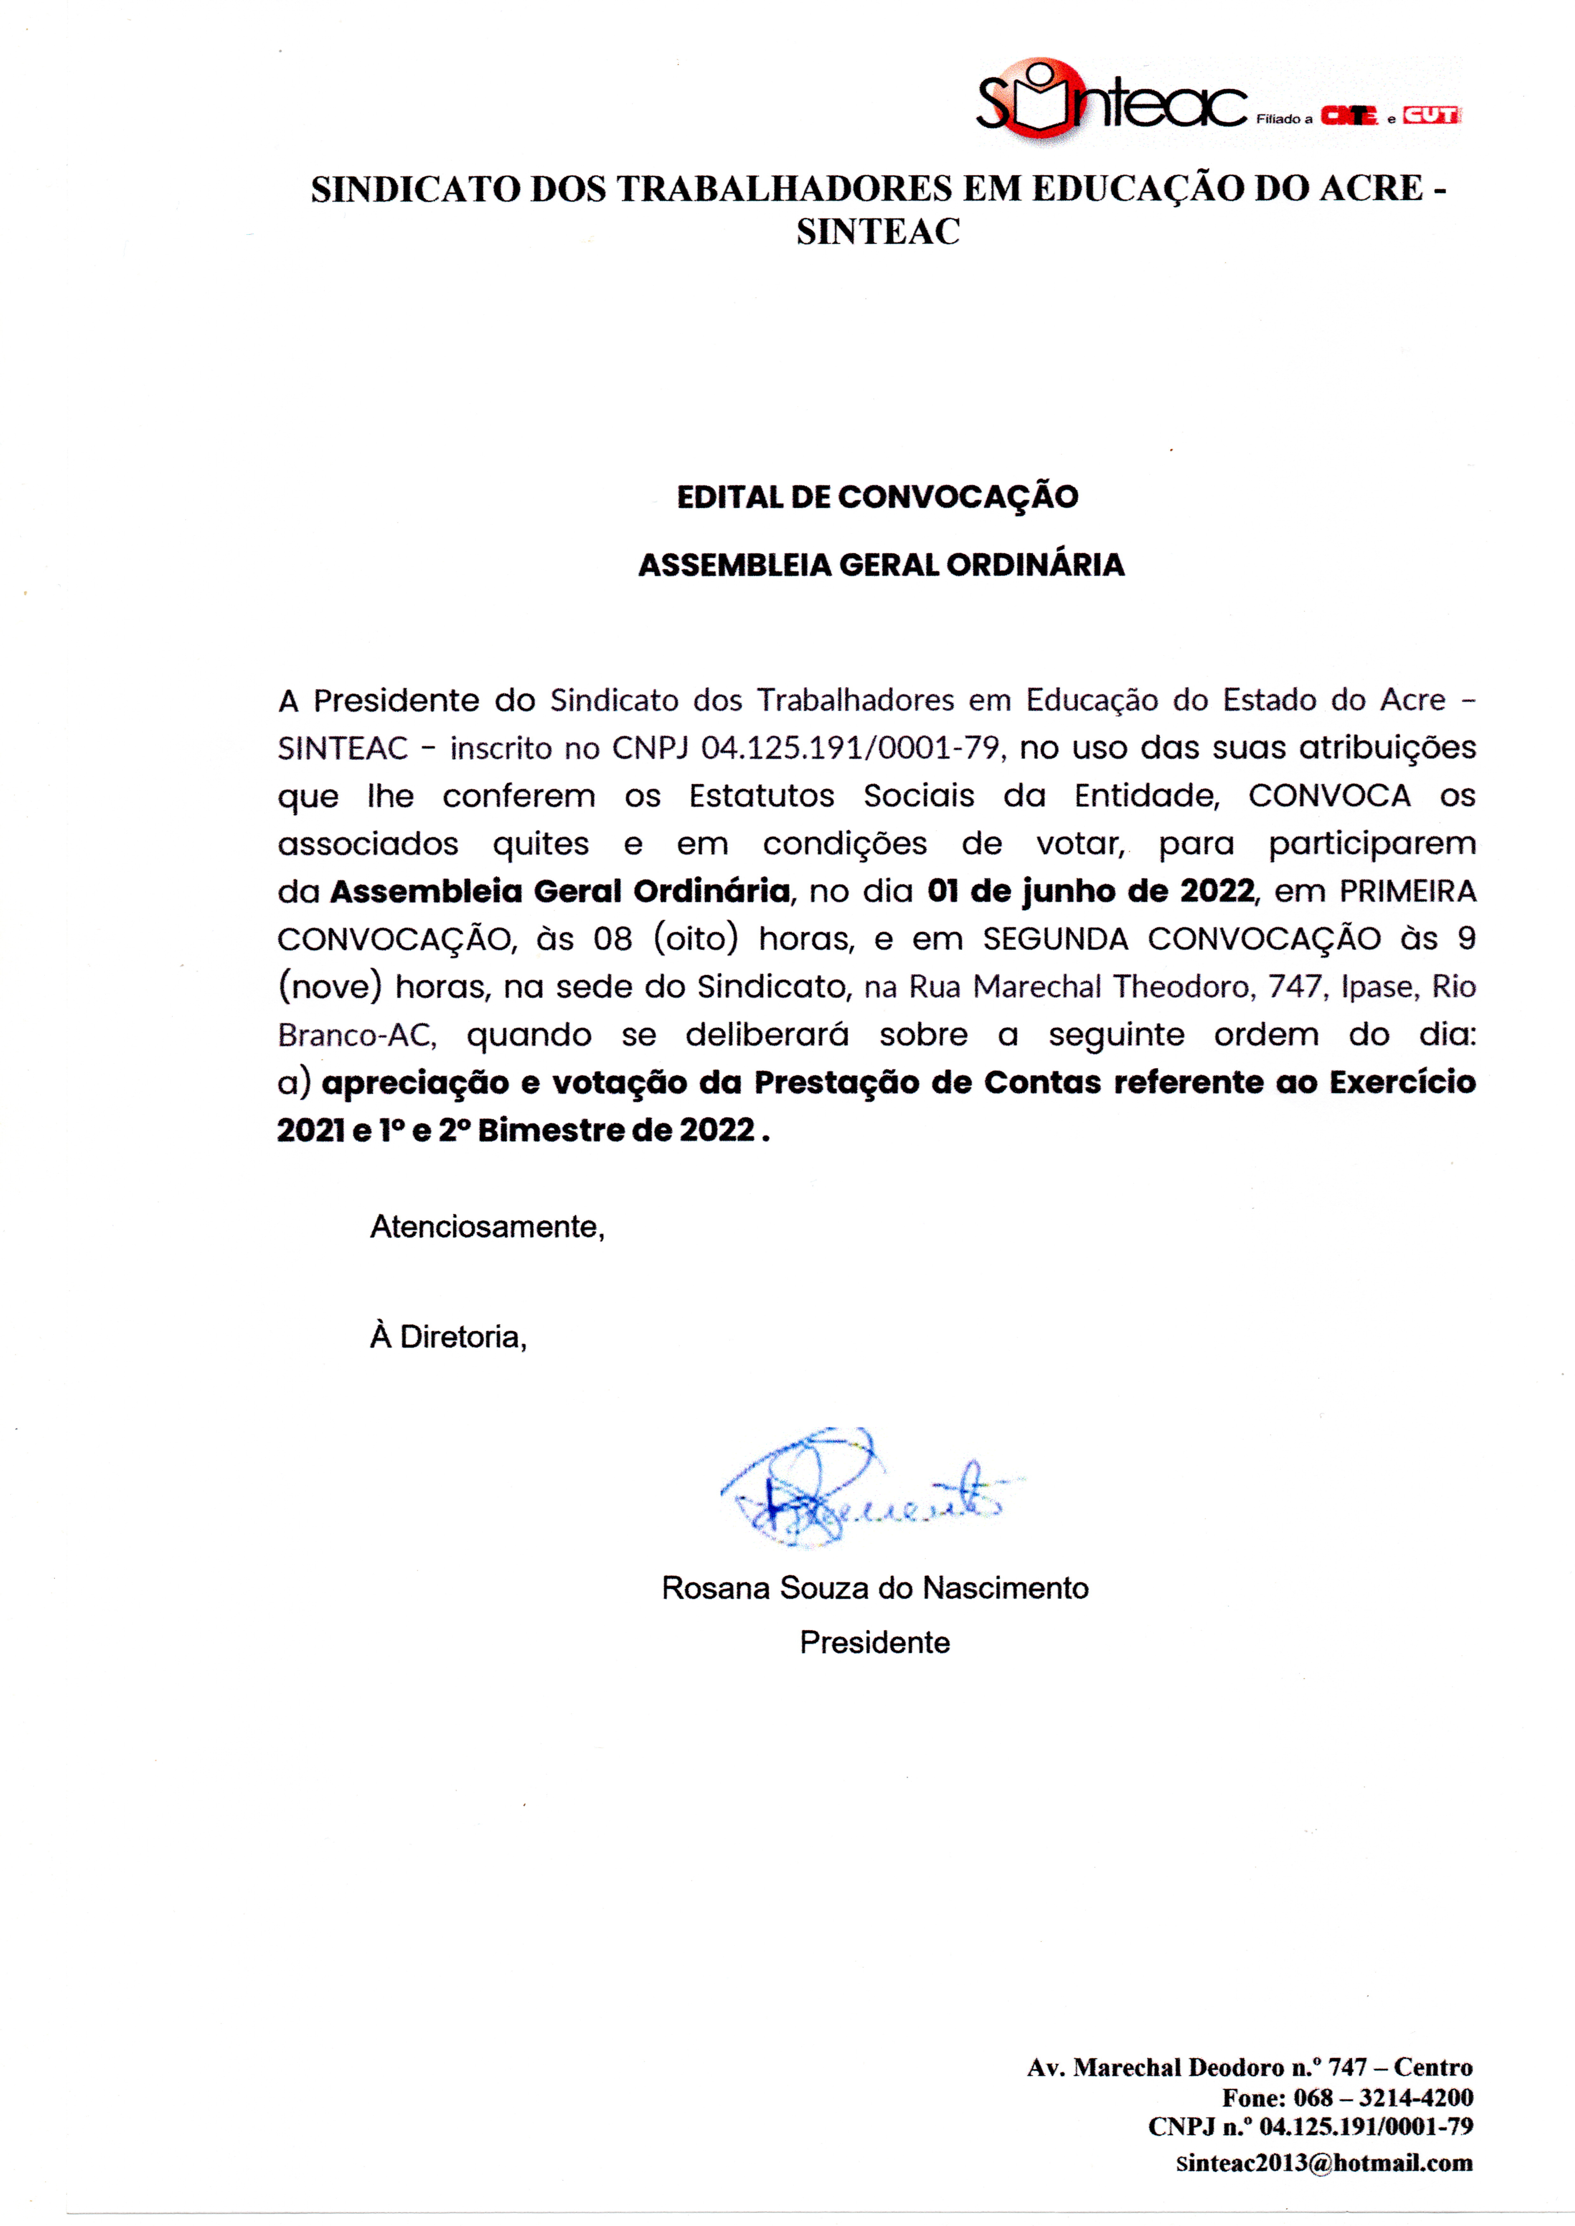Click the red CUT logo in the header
point(1430,115)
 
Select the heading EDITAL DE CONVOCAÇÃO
point(877,497)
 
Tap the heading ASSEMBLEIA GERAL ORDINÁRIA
point(881,564)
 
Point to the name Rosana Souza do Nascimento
point(875,1588)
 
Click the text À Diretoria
point(448,1337)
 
